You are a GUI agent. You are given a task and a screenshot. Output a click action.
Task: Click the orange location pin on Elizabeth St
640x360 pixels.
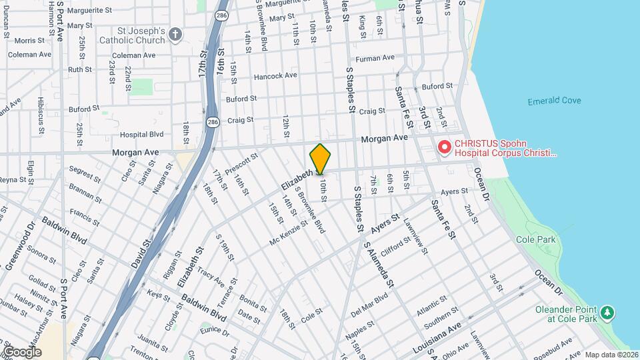pos(320,159)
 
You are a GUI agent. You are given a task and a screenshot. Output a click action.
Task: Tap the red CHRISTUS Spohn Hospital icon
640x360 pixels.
pos(443,147)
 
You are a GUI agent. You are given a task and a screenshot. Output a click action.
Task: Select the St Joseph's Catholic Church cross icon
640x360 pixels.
pos(175,35)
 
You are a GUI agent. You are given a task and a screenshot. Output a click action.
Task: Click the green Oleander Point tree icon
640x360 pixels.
pos(607,313)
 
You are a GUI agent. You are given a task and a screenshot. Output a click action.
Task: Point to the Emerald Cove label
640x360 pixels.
pos(554,101)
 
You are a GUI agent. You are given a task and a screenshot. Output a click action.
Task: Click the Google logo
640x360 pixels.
pos(23,351)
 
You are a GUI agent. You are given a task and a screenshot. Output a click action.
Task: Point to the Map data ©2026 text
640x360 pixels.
pos(611,355)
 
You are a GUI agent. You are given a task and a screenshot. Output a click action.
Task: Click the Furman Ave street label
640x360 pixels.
pos(377,59)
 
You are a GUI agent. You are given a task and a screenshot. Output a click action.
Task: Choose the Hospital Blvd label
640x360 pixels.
pos(141,134)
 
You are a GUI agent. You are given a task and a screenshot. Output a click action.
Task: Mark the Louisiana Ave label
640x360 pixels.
pos(437,339)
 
